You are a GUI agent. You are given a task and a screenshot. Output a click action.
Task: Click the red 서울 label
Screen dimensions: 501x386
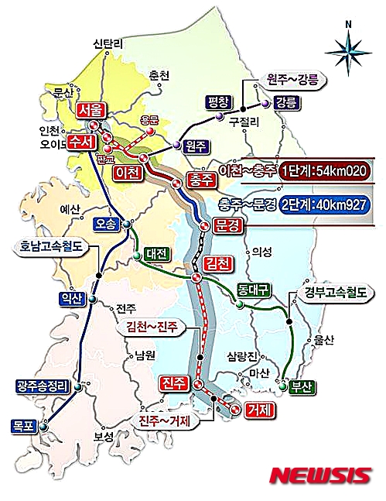(91, 110)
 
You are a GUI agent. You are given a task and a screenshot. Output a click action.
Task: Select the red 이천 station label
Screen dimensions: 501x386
(126, 172)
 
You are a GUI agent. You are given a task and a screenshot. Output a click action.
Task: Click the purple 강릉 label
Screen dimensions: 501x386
(285, 102)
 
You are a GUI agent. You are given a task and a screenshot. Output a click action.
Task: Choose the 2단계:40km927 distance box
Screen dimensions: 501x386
(323, 205)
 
